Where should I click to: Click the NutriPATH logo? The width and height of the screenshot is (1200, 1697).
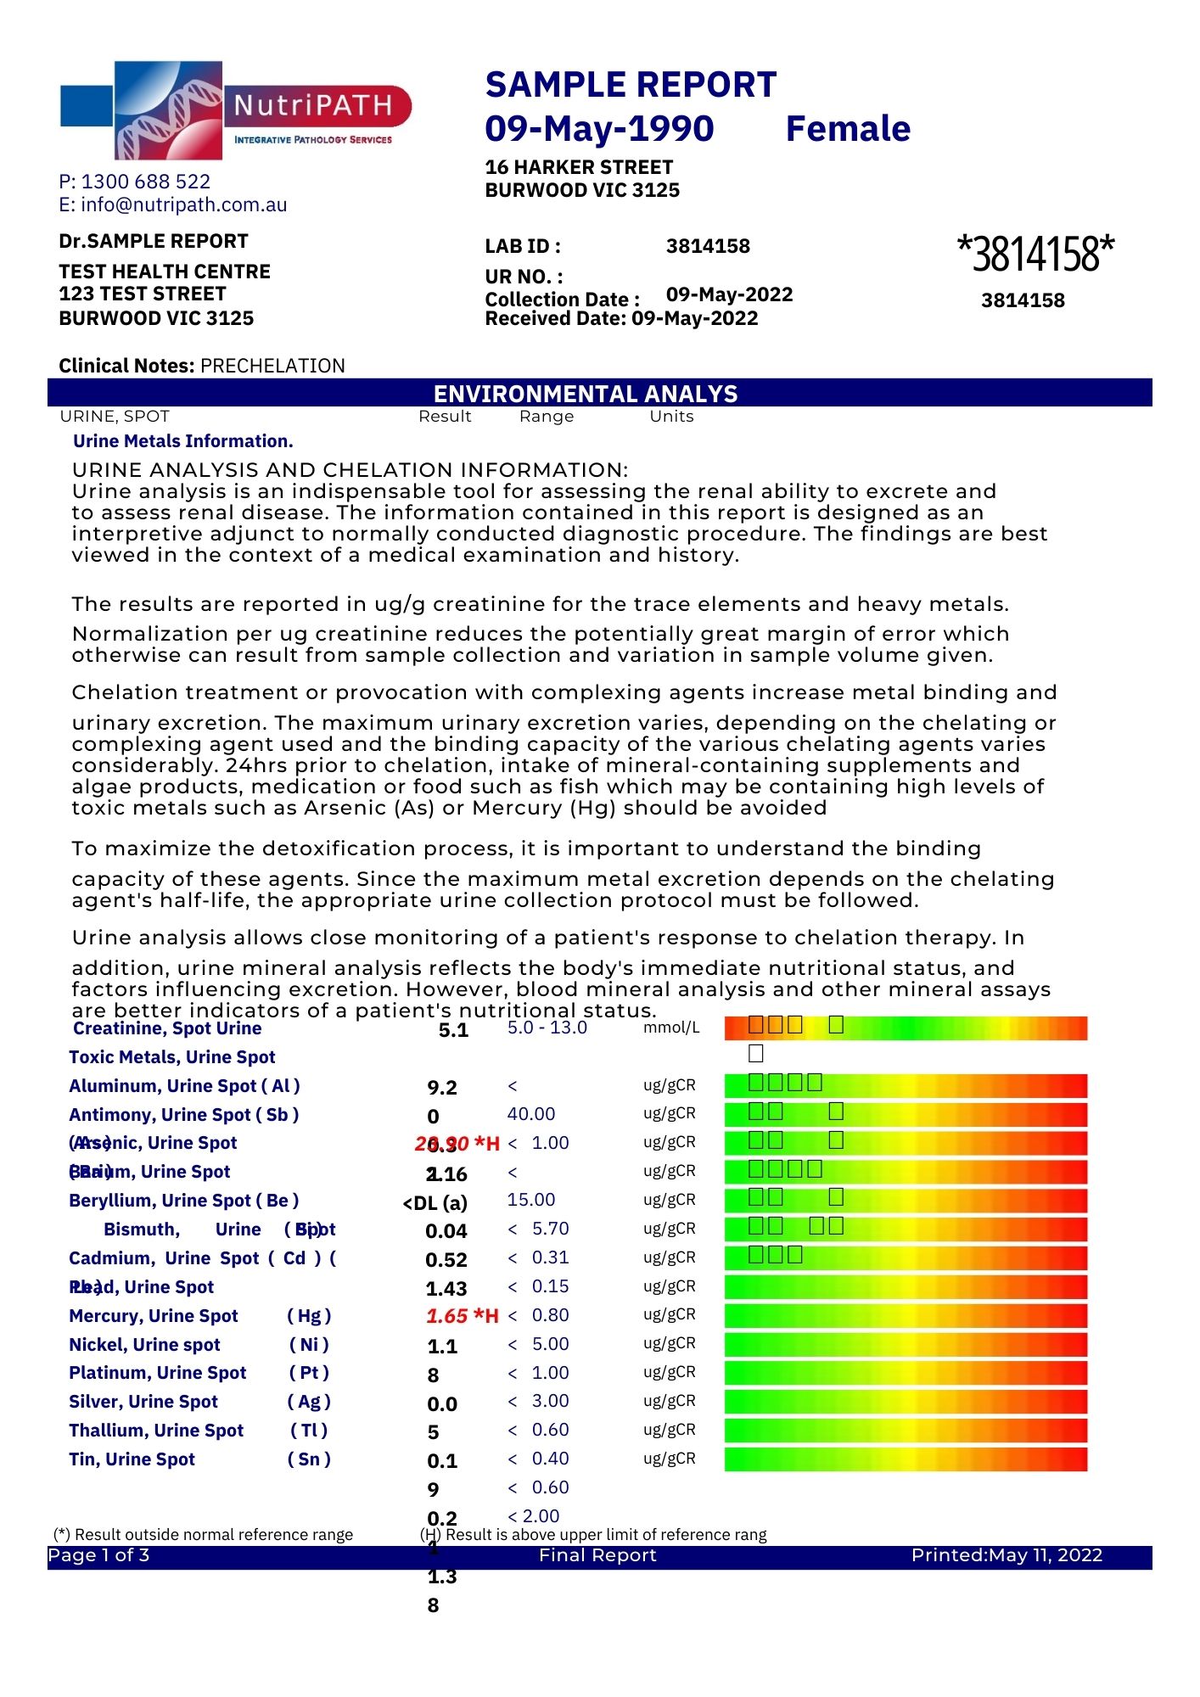[x=234, y=110]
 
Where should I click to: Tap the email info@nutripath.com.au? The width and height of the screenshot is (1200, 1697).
[x=183, y=204]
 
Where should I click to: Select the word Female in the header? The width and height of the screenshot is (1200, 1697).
[x=847, y=129]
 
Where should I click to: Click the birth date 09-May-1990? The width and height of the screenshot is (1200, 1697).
[x=599, y=129]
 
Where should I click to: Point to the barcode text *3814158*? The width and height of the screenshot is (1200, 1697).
[x=1035, y=253]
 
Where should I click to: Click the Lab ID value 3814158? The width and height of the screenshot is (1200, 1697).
[x=708, y=247]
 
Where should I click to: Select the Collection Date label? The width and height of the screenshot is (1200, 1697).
[x=562, y=300]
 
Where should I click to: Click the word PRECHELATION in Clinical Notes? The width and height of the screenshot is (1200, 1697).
[x=272, y=366]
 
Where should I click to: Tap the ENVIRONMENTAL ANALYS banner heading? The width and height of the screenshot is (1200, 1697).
[x=586, y=394]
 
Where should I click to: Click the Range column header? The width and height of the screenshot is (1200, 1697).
[x=547, y=417]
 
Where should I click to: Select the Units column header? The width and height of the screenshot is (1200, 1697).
[x=671, y=417]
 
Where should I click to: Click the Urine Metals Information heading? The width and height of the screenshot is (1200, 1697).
[x=183, y=441]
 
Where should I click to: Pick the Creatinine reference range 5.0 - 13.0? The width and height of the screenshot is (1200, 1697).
[x=547, y=1028]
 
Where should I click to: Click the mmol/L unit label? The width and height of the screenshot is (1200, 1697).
[x=671, y=1028]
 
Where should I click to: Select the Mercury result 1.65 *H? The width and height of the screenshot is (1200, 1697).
[x=462, y=1316]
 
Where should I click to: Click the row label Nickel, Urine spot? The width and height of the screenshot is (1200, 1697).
[x=144, y=1345]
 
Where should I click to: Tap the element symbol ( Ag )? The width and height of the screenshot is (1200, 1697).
[x=309, y=1402]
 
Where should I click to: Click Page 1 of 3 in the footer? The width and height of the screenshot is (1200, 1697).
[x=98, y=1555]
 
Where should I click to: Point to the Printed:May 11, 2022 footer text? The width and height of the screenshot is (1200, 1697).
[x=1007, y=1555]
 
